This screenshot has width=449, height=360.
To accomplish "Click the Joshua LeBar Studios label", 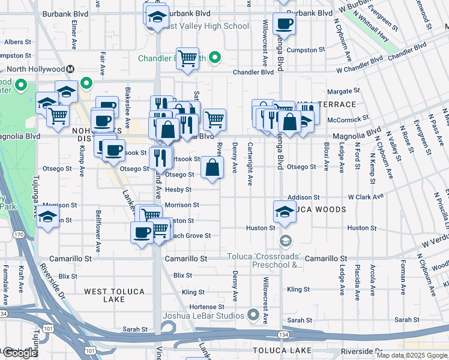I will click(204, 316).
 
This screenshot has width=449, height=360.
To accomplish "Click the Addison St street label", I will click(300, 197).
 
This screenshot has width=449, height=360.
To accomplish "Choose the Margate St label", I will click(347, 91).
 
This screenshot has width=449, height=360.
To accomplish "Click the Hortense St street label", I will click(206, 307).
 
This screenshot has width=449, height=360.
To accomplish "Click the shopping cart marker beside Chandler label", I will click(188, 58).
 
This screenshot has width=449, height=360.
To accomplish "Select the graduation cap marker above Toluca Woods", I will click(284, 211).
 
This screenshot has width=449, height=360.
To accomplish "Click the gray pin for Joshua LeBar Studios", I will click(253, 315).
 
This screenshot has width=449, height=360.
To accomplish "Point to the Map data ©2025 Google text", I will click(412, 355).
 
